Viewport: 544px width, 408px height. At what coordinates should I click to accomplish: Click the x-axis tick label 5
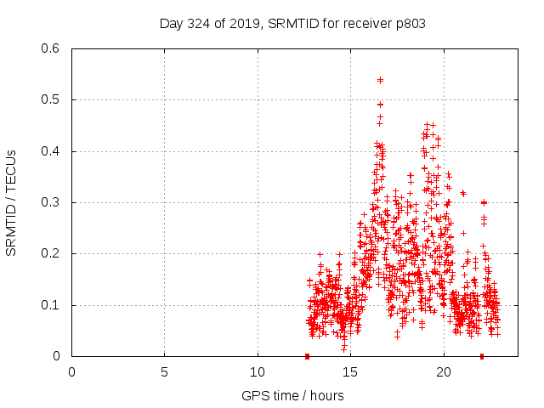point(164,371)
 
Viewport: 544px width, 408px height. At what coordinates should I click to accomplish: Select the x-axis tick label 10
point(258,371)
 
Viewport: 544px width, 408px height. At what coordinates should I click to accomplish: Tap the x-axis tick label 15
point(350,371)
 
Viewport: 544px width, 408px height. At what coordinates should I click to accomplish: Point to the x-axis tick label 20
point(444,371)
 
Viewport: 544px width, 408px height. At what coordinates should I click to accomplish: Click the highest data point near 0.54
point(380,80)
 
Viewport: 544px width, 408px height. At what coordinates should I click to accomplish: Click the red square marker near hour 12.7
point(308,356)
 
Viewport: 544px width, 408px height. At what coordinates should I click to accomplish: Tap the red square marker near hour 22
point(482,356)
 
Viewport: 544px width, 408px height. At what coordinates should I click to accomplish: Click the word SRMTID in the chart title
point(292,23)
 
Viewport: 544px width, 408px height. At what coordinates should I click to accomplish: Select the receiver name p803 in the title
point(409,23)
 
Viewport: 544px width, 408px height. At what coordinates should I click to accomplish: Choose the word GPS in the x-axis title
point(253,395)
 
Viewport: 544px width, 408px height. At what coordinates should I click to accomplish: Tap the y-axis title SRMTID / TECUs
point(12,202)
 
